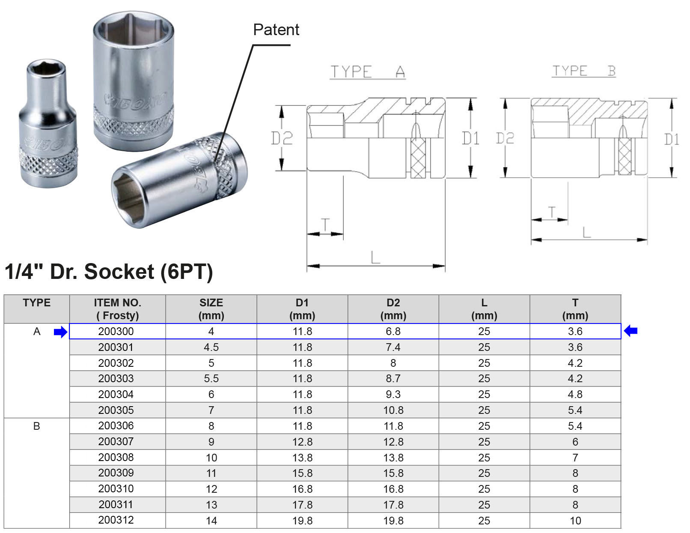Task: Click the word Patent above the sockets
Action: [276, 30]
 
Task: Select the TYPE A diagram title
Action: [368, 72]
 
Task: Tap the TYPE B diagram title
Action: [584, 71]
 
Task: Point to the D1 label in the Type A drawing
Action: [470, 138]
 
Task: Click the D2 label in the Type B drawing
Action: [505, 138]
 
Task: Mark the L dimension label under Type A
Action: [375, 257]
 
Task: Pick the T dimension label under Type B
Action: [552, 212]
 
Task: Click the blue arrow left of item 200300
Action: [61, 332]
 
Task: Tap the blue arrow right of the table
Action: [631, 331]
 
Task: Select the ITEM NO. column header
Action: [117, 309]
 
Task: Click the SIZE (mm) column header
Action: [211, 309]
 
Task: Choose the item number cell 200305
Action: [116, 410]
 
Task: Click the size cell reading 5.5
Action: [211, 379]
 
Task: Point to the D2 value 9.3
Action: [393, 394]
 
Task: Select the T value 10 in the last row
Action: [575, 521]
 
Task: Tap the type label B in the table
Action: [37, 426]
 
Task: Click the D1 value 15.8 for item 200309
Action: [302, 473]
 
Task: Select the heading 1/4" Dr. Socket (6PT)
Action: [109, 272]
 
